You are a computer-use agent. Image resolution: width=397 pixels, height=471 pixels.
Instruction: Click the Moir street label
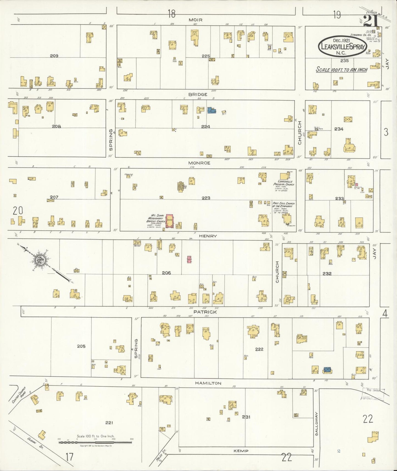(x=196, y=20)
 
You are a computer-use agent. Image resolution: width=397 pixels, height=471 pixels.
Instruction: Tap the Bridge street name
(x=198, y=95)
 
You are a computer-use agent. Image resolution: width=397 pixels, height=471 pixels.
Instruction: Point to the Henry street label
(x=208, y=236)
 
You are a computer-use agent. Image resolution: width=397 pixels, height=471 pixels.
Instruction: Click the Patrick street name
(x=205, y=312)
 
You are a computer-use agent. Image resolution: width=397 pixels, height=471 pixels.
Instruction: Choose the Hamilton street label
(x=208, y=383)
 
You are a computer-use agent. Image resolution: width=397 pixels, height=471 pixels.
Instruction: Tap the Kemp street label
(x=241, y=451)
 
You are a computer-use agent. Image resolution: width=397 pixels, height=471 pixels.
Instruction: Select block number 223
(x=206, y=198)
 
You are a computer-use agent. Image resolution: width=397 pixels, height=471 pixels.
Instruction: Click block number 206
(x=166, y=273)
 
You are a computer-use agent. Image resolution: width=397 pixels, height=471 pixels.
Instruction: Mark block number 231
(x=246, y=417)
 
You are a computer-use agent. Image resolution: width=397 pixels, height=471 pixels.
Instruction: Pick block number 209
(x=54, y=56)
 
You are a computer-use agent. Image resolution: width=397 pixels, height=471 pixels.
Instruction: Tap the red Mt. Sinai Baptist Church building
(x=169, y=221)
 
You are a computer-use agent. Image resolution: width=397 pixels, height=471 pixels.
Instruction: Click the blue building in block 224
(x=211, y=110)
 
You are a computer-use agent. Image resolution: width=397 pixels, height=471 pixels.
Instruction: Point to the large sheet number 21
(x=371, y=21)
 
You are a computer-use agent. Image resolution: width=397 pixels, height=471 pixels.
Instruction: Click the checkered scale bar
(x=95, y=442)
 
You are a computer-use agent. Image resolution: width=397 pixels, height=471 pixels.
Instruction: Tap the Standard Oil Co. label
(x=361, y=35)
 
